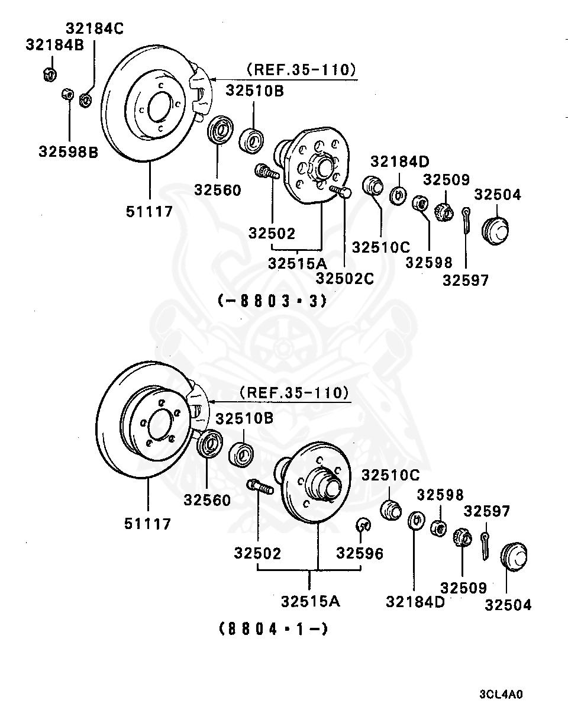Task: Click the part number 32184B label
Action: click(x=54, y=45)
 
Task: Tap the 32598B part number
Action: click(x=69, y=151)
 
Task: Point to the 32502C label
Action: click(x=344, y=278)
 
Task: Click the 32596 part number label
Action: click(x=360, y=553)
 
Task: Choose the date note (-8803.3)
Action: click(x=272, y=301)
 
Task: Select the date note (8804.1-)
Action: click(x=273, y=628)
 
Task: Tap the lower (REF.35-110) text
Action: click(x=294, y=392)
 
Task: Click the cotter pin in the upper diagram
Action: click(x=467, y=219)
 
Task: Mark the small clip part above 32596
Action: click(x=363, y=524)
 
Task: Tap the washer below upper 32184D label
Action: click(x=399, y=193)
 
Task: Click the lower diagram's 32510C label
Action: click(x=390, y=475)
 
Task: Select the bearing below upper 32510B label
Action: click(x=251, y=140)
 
